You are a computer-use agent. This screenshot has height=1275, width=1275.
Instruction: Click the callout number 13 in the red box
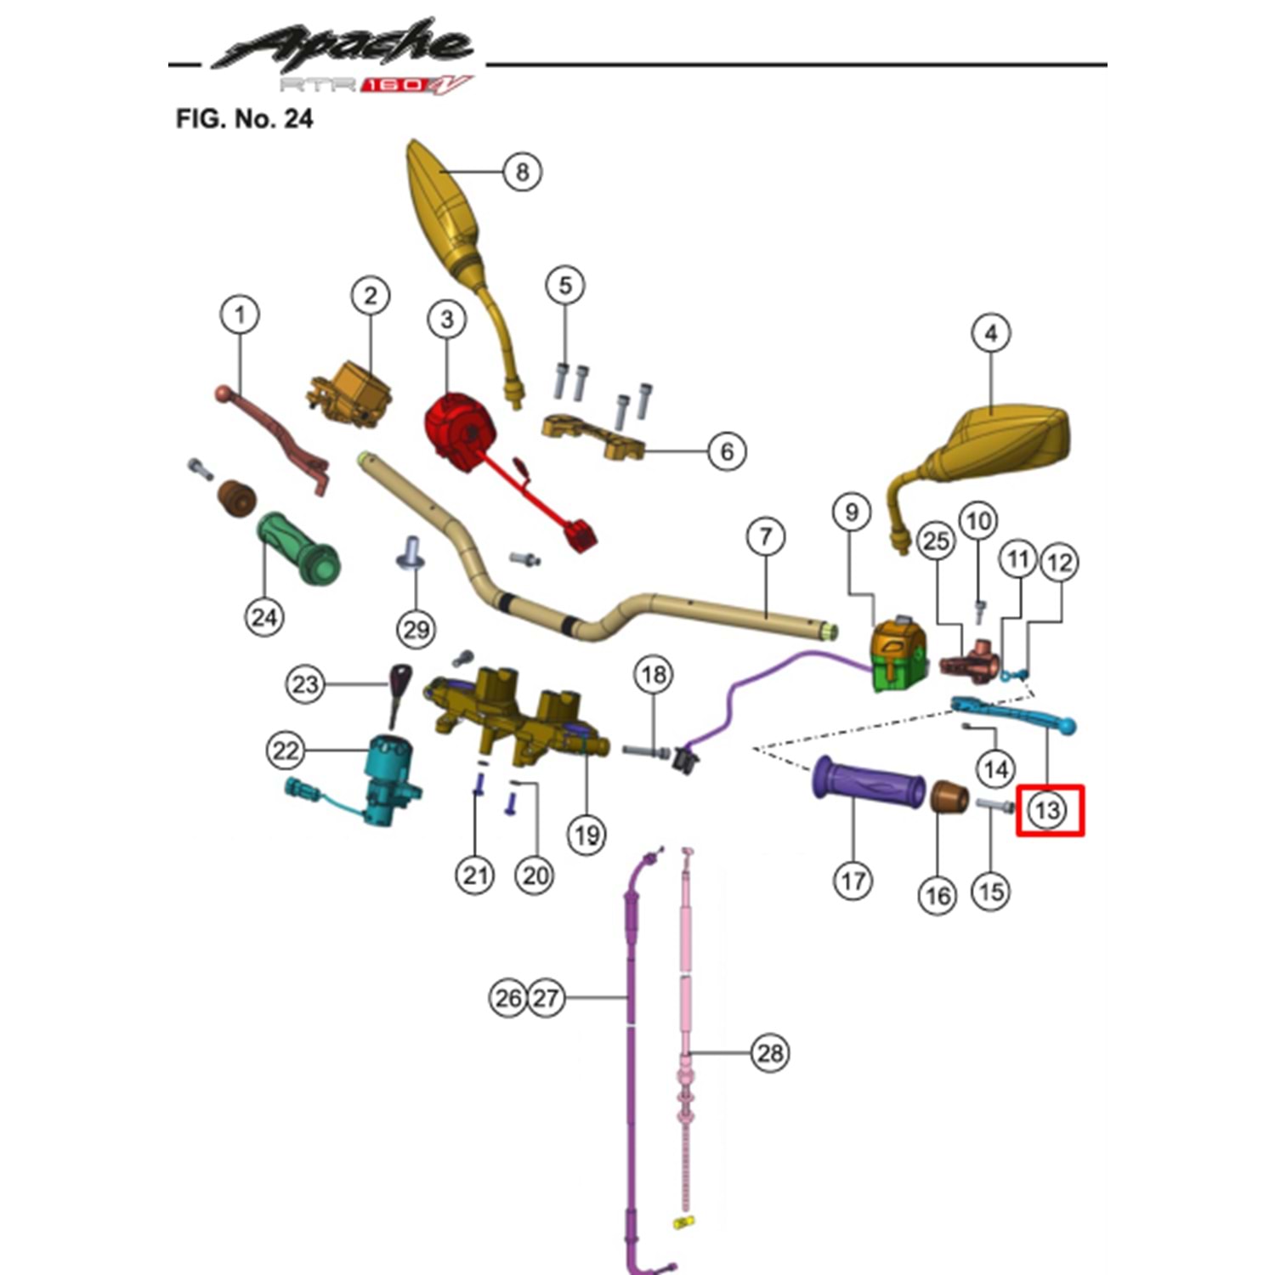(1047, 809)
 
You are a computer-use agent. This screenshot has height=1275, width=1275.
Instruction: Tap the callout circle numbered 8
(522, 172)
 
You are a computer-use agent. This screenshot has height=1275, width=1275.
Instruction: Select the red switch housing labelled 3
(459, 430)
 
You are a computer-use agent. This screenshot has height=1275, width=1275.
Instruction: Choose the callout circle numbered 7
(766, 536)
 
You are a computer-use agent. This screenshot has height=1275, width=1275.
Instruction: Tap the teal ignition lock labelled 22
(389, 769)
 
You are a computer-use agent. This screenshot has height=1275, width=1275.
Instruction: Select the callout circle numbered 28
(770, 1053)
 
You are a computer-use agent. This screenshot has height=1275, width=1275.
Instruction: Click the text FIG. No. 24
(244, 118)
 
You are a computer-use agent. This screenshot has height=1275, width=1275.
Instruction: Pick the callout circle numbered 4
(991, 333)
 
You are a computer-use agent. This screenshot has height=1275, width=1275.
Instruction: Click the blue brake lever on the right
(1011, 714)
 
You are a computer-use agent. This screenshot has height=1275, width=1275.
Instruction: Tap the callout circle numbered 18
(654, 675)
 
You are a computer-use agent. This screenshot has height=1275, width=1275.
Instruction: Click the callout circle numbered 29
(416, 630)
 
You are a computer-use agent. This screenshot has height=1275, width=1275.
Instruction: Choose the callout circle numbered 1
(240, 314)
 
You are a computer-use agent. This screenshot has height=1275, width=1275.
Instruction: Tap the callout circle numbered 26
(508, 997)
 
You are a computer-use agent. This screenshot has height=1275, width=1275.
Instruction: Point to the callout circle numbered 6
(727, 450)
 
